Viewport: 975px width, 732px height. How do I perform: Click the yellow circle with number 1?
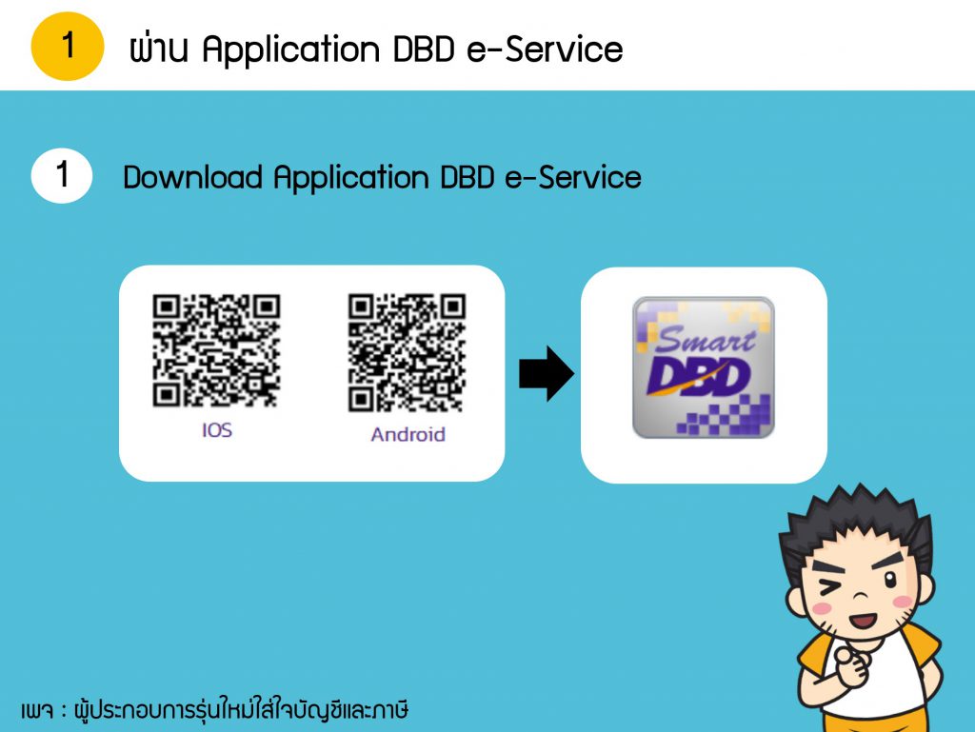68,46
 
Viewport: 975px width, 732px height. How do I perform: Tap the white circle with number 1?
62,176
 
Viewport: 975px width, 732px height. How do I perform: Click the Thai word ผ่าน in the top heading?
159,48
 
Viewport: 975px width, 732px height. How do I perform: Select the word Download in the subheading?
192,177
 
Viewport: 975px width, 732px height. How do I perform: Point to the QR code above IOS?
216,350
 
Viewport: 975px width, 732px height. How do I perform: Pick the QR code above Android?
407,352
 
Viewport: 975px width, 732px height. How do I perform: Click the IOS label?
217,430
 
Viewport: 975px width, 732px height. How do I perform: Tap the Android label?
408,434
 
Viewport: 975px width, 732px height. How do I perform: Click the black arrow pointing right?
547,373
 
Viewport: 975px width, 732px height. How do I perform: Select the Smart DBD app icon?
704,367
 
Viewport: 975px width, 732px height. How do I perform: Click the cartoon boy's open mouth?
864,620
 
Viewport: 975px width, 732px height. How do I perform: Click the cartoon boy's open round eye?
890,581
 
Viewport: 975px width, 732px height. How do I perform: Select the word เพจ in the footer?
37,710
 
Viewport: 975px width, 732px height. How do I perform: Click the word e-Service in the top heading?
545,49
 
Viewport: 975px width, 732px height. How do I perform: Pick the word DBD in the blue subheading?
467,177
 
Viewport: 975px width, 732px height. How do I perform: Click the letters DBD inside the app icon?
699,377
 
